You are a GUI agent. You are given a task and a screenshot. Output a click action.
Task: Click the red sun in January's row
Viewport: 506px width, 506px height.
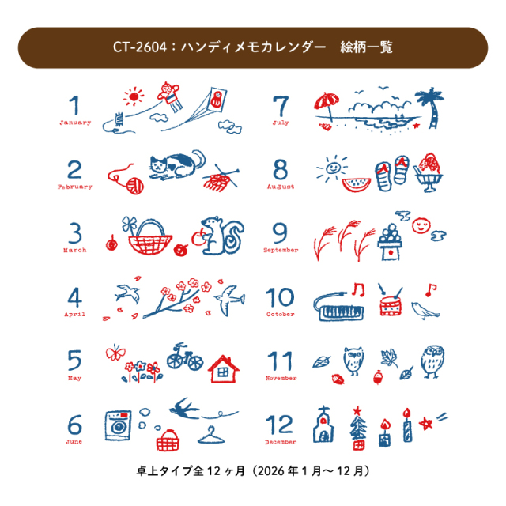(134, 96)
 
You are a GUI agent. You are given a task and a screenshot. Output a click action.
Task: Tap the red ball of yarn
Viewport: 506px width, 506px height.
(134, 186)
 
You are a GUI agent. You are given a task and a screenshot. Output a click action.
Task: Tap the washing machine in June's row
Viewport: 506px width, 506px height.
(118, 425)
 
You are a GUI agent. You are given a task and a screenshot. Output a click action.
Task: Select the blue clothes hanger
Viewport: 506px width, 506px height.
(211, 436)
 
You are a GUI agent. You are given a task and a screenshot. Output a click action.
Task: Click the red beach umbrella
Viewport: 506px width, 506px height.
(327, 105)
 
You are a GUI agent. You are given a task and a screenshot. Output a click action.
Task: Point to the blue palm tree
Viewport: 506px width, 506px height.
(431, 108)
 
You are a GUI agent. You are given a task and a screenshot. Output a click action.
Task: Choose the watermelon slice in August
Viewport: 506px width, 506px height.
(356, 184)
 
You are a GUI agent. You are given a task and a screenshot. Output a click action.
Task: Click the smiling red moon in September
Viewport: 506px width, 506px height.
(421, 225)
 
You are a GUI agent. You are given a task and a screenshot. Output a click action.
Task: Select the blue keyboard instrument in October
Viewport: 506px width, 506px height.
(339, 308)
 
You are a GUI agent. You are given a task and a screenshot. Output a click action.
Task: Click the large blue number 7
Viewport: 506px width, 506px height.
(280, 106)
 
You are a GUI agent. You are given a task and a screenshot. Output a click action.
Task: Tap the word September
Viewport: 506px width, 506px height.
(281, 250)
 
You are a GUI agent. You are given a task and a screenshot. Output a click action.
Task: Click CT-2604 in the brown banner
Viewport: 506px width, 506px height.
(140, 47)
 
